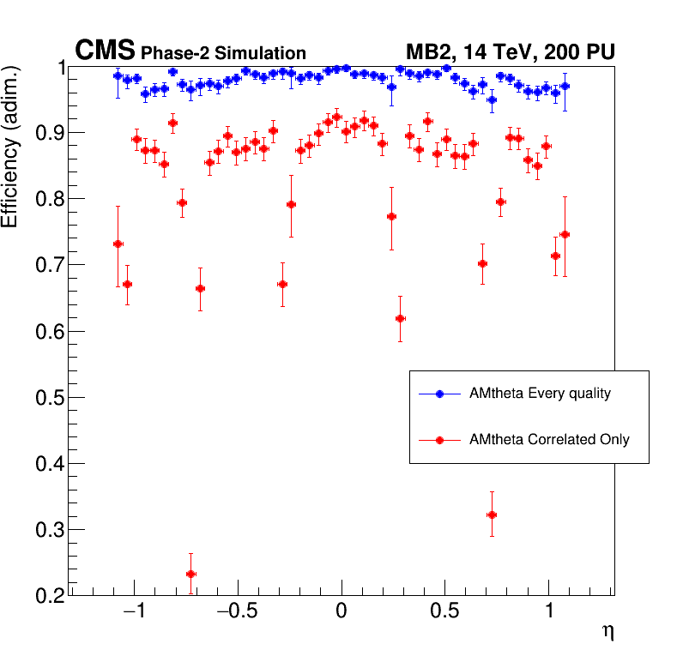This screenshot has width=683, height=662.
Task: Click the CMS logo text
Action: [106, 51]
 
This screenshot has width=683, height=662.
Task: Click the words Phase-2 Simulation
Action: [223, 54]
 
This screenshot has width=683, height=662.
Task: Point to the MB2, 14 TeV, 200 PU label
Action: [511, 52]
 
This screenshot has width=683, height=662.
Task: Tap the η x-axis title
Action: [607, 632]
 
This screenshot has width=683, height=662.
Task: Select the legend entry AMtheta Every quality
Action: [540, 394]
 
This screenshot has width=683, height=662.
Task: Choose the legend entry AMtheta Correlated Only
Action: [549, 439]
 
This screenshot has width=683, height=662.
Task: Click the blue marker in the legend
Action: [439, 394]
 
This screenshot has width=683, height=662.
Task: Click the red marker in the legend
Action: [439, 439]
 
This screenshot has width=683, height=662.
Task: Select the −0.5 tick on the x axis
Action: [238, 613]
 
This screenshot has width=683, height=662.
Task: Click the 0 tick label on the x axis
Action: [341, 613]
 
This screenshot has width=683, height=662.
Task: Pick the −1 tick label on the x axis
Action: [134, 613]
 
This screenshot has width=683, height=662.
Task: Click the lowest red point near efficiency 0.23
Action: [190, 574]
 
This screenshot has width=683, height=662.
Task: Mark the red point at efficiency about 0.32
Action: [492, 515]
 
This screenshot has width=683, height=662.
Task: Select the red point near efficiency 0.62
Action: [400, 318]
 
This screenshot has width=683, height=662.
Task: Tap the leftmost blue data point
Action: [118, 75]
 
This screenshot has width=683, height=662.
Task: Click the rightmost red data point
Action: [565, 234]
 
